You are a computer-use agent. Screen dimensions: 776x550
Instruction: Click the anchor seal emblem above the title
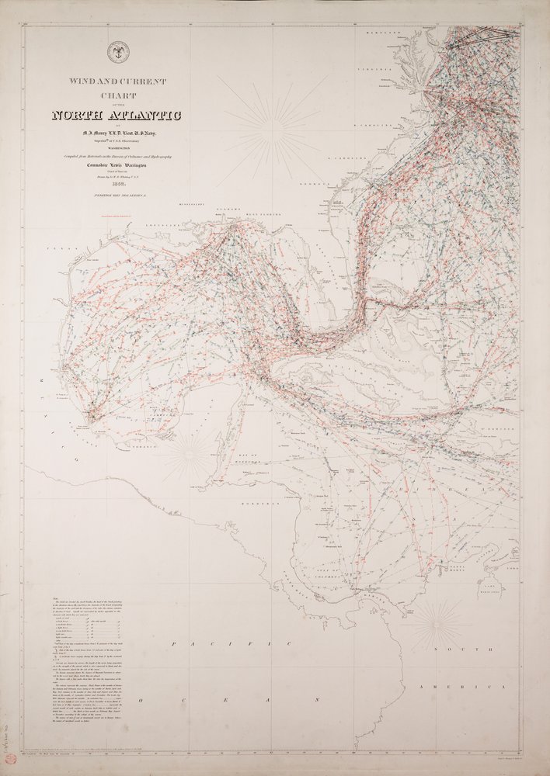click(119, 52)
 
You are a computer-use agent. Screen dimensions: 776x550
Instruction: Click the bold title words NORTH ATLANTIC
click(116, 116)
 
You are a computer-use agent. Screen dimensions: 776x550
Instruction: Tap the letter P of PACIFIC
click(178, 643)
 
